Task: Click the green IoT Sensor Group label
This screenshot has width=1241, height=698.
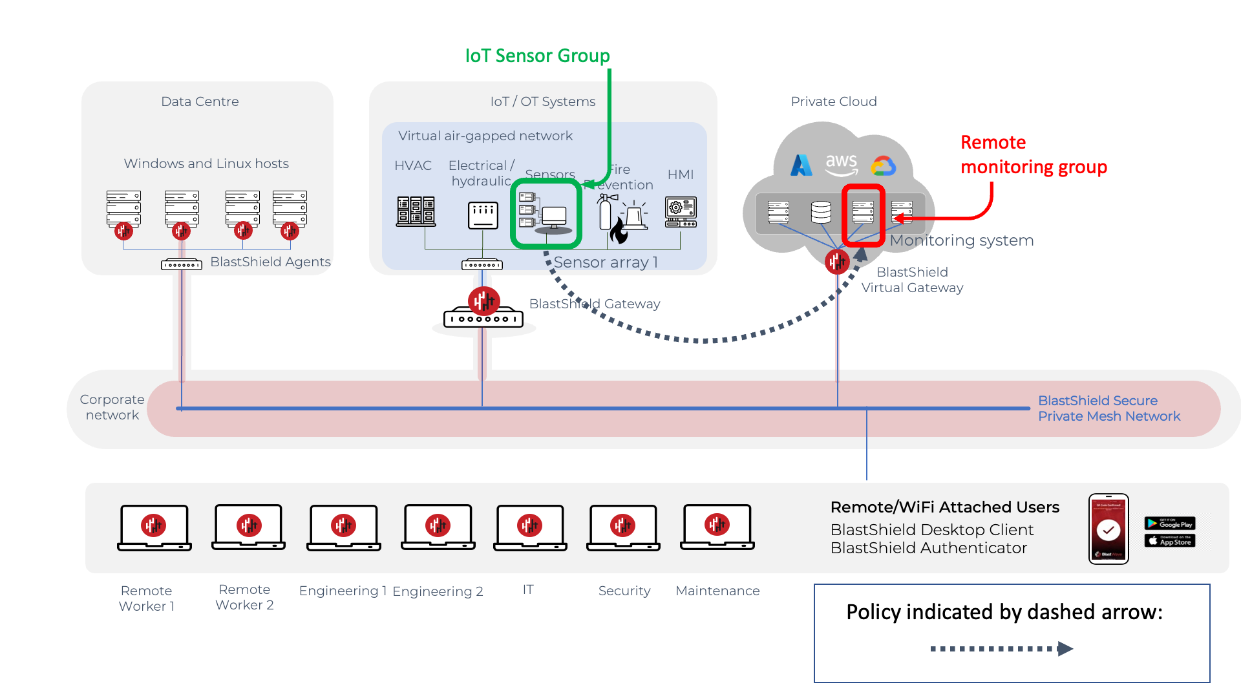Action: [x=537, y=56]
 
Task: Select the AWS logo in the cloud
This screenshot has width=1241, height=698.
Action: [x=841, y=164]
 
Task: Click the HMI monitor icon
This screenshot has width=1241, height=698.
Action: [x=681, y=212]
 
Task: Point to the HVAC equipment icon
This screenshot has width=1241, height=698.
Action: [x=416, y=211]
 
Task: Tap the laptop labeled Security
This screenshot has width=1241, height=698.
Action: [x=623, y=527]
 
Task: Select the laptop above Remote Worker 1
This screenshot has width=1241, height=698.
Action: [x=154, y=527]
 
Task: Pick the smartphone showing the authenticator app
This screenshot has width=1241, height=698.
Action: [x=1108, y=529]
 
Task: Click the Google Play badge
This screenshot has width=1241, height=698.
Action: [x=1169, y=523]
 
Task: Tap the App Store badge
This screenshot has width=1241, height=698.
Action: [x=1169, y=540]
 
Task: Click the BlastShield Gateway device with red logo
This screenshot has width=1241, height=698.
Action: [x=483, y=310]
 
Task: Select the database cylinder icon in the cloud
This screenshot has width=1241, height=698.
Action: [x=821, y=212]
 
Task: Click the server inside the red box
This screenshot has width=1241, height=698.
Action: [x=863, y=212]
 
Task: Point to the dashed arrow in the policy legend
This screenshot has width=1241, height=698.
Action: [x=1001, y=648]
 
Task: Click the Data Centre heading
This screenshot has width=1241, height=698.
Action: [x=200, y=101]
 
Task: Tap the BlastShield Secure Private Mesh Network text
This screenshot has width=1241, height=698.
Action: [x=1108, y=408]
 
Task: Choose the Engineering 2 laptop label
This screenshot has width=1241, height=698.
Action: [x=438, y=591]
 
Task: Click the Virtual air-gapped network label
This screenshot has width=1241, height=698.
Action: [x=485, y=136]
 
